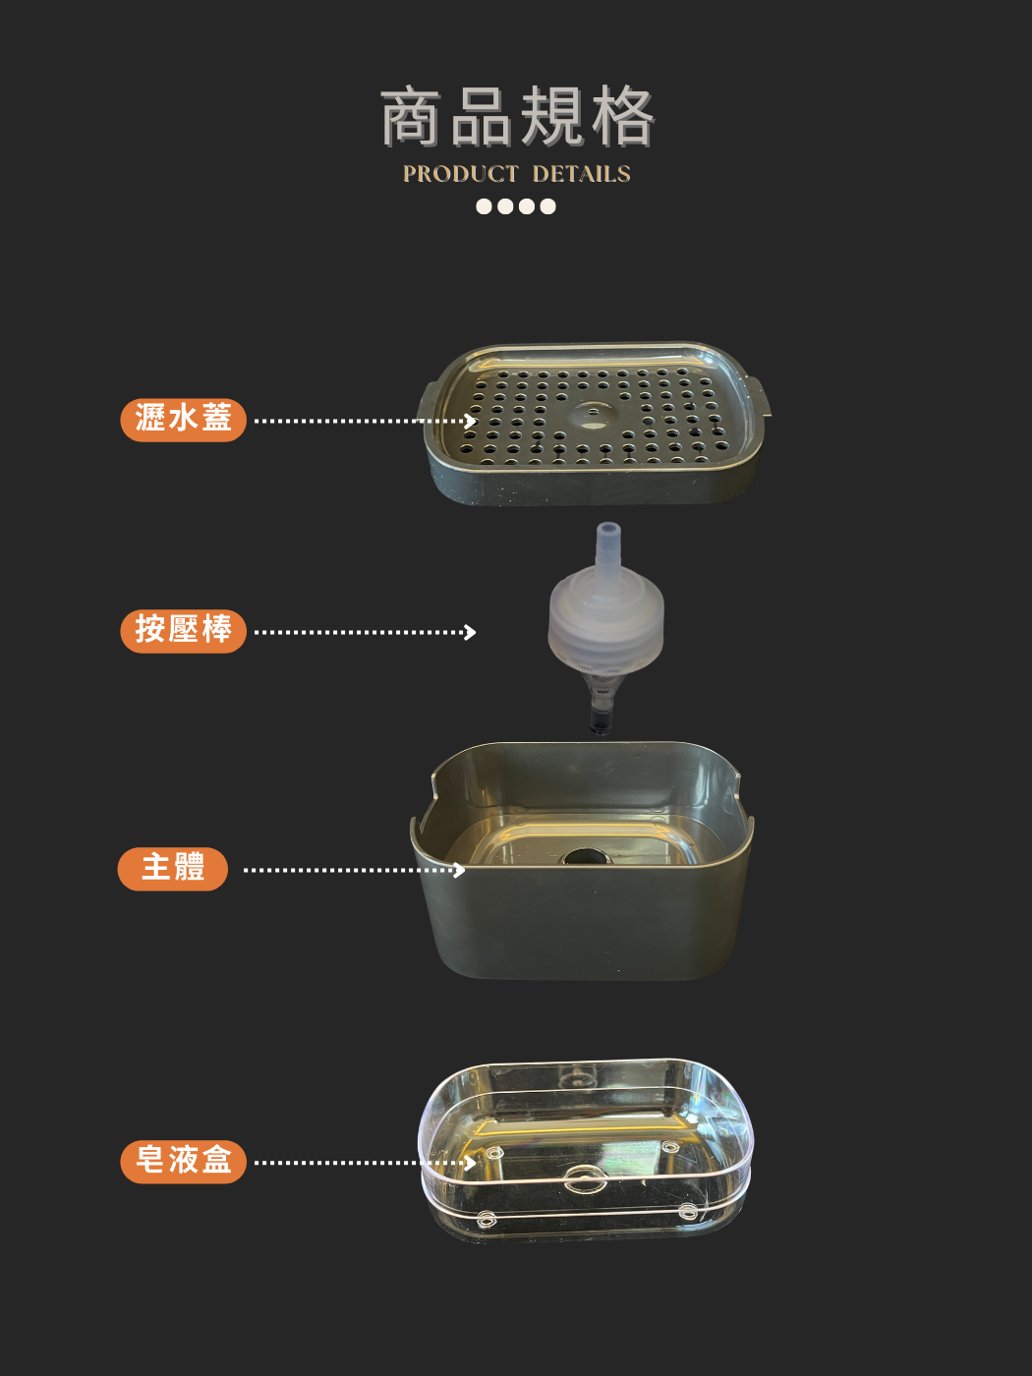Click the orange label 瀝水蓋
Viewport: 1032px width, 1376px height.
pyautogui.click(x=183, y=420)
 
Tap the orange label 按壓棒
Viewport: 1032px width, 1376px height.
pyautogui.click(x=183, y=631)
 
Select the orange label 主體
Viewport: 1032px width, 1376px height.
pyautogui.click(x=172, y=869)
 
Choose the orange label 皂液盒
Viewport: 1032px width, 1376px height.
pyautogui.click(x=183, y=1162)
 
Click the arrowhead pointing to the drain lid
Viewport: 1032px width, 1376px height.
pyautogui.click(x=469, y=421)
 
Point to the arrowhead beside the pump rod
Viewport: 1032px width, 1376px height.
pyautogui.click(x=469, y=632)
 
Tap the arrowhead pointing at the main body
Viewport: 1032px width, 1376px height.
pyautogui.click(x=459, y=870)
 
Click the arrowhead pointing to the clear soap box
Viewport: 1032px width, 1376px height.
pyautogui.click(x=469, y=1163)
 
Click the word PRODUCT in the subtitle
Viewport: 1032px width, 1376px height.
pyautogui.click(x=461, y=174)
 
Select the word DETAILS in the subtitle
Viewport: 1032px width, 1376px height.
pyautogui.click(x=582, y=174)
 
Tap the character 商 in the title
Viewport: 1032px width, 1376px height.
pyautogui.click(x=411, y=117)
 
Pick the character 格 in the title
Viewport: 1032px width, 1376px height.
pyautogui.click(x=623, y=117)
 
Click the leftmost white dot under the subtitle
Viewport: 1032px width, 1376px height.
pyautogui.click(x=484, y=206)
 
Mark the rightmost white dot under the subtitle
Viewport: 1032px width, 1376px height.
pyautogui.click(x=547, y=206)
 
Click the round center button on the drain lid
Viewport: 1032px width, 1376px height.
pyautogui.click(x=590, y=417)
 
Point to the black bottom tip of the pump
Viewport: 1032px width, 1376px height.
pyautogui.click(x=600, y=719)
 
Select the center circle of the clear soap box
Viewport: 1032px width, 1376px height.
pyautogui.click(x=586, y=1178)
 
